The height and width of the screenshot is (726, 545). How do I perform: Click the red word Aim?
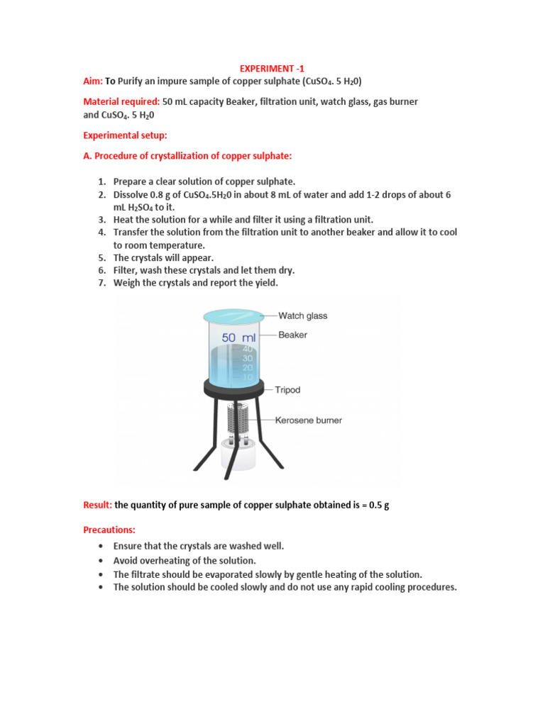point(93,82)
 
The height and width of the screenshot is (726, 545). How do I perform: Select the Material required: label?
point(121,102)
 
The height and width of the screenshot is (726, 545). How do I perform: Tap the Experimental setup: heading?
point(125,135)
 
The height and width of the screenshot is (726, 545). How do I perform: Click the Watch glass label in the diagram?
point(303,315)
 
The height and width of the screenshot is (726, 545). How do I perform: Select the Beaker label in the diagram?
point(292,335)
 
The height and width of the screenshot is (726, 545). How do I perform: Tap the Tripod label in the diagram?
point(287,389)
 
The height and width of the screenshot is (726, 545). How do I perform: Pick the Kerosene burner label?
point(309,420)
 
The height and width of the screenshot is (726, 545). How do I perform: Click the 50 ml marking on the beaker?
point(238,338)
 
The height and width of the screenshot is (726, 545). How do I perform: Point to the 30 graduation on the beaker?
point(248,358)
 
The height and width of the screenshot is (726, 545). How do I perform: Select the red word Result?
point(98,505)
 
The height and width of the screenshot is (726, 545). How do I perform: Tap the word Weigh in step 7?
point(127,283)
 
